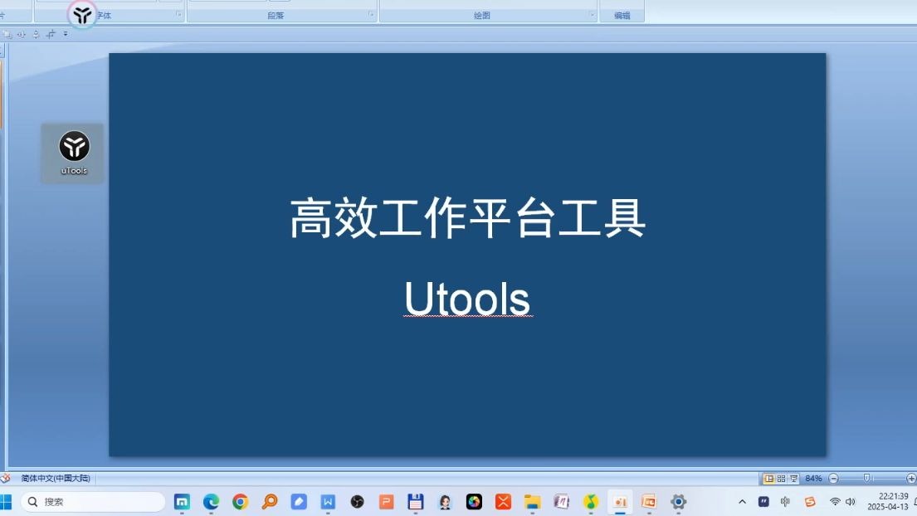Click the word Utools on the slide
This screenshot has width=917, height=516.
click(467, 299)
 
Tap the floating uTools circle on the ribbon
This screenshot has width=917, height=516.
click(82, 14)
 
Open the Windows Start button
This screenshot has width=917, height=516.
click(7, 502)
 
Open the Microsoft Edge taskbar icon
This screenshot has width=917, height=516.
click(211, 502)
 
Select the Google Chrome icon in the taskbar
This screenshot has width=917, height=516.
click(240, 502)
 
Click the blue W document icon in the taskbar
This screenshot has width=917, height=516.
click(328, 502)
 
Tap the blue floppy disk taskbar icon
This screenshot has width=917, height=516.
click(416, 502)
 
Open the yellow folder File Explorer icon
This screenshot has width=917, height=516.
click(532, 502)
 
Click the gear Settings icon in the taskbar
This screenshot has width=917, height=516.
click(678, 502)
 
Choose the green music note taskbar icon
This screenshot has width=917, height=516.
click(590, 502)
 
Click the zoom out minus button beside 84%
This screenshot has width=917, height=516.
click(834, 479)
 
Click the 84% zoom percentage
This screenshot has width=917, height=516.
click(813, 479)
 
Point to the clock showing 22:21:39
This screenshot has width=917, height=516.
click(893, 496)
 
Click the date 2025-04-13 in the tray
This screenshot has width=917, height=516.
click(888, 507)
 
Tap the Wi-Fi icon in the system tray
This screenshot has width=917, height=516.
click(835, 502)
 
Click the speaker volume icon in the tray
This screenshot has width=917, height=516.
click(851, 502)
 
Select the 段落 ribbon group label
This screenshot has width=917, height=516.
click(276, 16)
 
